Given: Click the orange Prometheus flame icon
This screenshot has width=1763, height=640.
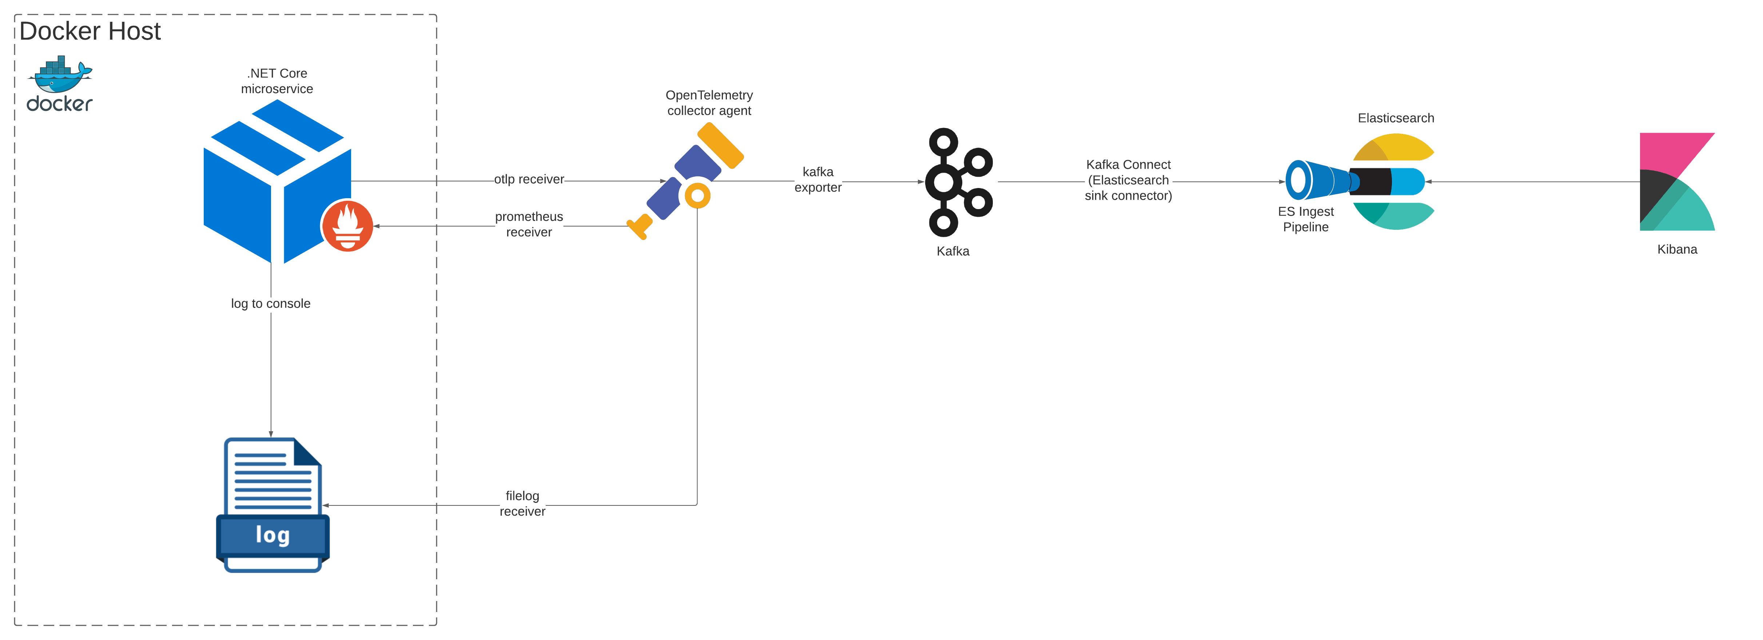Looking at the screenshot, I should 348,226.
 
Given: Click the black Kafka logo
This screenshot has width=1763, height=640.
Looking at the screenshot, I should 958,182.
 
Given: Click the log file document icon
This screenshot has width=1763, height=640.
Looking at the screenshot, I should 272,505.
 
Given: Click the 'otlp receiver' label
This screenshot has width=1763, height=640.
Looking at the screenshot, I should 529,179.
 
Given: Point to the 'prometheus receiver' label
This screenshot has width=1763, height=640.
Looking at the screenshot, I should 529,224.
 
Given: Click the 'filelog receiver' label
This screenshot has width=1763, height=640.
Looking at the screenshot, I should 522,503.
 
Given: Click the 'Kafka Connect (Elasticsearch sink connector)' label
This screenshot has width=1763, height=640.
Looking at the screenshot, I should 1128,180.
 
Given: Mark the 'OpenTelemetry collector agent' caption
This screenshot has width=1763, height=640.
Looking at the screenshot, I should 709,103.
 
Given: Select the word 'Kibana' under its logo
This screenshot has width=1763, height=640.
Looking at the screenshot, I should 1677,249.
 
